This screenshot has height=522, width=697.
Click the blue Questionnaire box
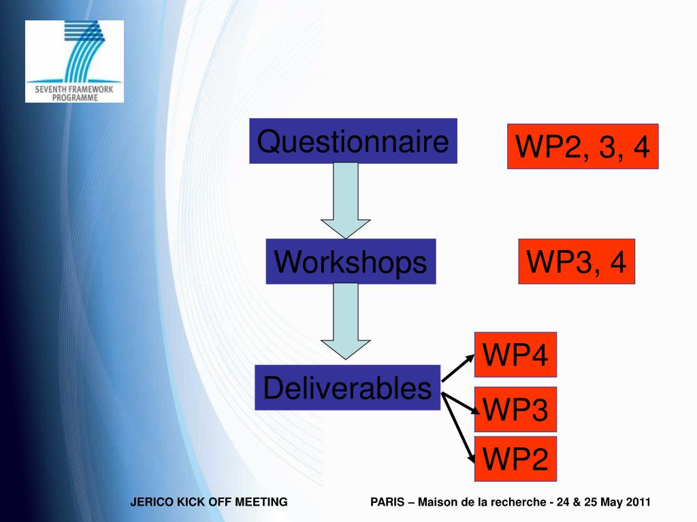click(x=353, y=141)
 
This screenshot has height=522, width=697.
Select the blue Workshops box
click(x=351, y=262)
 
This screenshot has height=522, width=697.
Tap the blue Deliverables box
click(x=347, y=388)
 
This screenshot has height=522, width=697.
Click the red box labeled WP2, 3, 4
click(x=583, y=146)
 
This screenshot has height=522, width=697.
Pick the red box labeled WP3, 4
click(x=577, y=262)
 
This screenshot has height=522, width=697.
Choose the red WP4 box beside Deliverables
click(x=515, y=355)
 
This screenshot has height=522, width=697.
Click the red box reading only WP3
click(x=515, y=410)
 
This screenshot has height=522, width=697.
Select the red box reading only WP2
click(x=515, y=459)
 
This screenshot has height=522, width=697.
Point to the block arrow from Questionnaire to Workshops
click(x=346, y=201)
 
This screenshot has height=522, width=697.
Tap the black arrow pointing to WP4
click(x=458, y=368)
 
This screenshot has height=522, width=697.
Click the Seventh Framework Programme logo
click(x=75, y=61)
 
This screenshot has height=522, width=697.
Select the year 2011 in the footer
click(x=638, y=502)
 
